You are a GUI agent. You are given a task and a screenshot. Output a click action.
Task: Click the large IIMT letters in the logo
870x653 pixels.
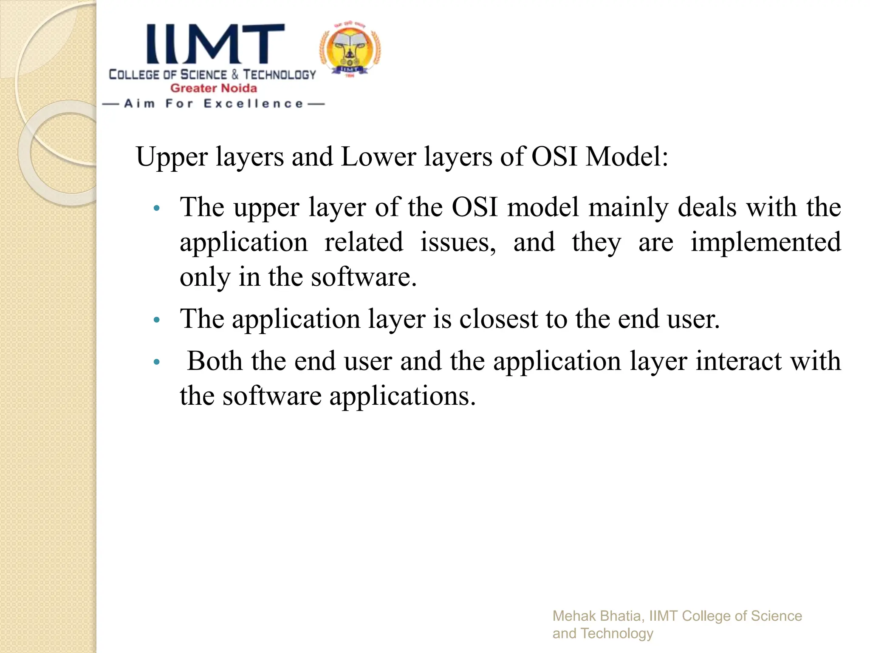point(216,44)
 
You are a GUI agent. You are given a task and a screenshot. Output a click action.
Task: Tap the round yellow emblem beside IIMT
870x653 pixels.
point(350,49)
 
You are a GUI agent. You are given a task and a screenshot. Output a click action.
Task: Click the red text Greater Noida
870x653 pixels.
point(214,88)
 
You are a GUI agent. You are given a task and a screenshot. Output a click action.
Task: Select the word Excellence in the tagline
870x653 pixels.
point(254,104)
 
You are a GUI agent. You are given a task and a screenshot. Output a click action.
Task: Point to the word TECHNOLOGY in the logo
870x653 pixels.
point(280,75)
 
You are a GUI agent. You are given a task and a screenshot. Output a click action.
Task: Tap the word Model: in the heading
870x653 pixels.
point(627,156)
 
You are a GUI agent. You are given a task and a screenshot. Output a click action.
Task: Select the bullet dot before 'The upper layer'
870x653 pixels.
point(156,208)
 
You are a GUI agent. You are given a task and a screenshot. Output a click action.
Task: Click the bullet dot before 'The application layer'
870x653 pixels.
point(156,320)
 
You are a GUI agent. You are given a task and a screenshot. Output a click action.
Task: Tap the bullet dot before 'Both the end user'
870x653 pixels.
point(156,362)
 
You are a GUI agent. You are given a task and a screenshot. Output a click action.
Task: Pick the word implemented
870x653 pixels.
point(765,242)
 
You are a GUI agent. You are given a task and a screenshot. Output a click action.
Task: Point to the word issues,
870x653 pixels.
point(458,242)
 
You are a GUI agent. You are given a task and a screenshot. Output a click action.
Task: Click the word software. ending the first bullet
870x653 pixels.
point(364,277)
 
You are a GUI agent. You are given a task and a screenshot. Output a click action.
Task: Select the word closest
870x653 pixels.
point(498,319)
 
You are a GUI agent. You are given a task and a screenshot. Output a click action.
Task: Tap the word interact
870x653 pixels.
point(738,361)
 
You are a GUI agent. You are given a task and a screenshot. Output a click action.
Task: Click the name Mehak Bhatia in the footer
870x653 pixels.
point(596,616)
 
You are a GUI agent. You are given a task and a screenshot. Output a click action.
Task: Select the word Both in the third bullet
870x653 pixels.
point(215,361)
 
